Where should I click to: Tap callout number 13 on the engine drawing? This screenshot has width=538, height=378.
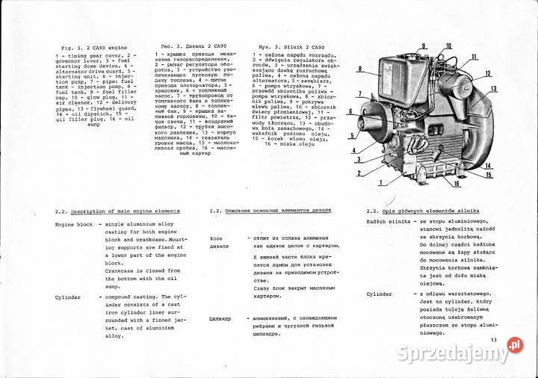[493, 89]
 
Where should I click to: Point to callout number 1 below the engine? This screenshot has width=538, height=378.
[381, 182]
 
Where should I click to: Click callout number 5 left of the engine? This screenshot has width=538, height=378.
[350, 136]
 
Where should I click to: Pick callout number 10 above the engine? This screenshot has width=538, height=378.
[448, 46]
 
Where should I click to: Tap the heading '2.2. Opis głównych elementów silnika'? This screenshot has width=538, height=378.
[423, 211]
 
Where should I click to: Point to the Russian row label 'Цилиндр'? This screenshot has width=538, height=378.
[220, 318]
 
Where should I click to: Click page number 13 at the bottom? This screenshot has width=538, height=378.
[493, 341]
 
